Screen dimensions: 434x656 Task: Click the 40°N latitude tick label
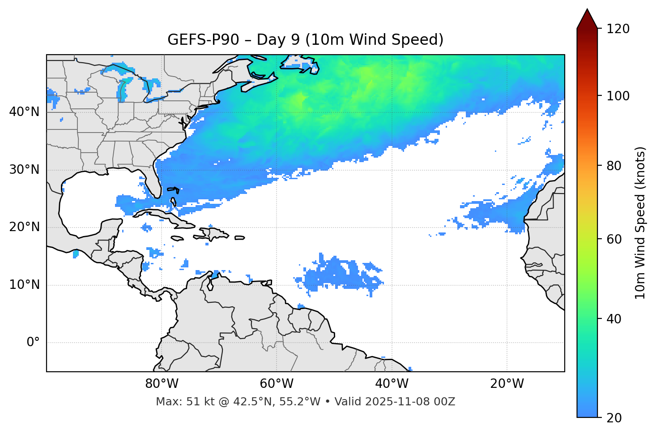(24, 112)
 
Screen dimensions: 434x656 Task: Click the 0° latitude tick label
(33, 343)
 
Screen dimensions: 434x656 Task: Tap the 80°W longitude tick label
(162, 384)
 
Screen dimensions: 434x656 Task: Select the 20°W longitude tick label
(507, 384)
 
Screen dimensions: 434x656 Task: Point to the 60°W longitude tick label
(277, 384)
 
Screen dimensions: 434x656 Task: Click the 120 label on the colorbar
(618, 29)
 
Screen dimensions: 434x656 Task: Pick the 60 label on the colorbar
(614, 239)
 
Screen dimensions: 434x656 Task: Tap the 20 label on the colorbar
(614, 418)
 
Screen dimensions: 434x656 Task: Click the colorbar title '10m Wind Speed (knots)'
(640, 223)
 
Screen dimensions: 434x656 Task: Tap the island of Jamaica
(177, 238)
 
